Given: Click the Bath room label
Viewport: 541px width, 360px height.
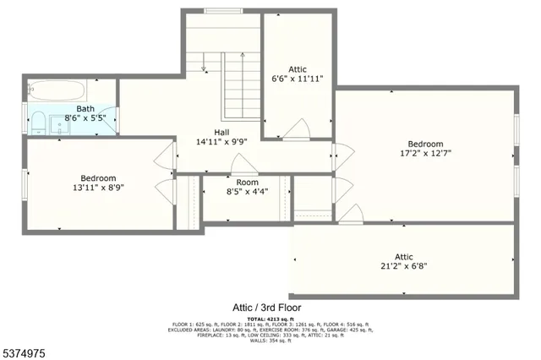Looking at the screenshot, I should (85, 108).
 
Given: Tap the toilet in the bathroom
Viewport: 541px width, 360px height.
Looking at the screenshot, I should (39, 126).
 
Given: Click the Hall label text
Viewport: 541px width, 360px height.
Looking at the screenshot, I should (221, 132).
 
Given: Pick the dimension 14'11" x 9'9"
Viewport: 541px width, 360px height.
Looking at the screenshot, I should (221, 142).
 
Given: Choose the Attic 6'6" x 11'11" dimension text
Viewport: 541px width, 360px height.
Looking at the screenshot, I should (297, 79).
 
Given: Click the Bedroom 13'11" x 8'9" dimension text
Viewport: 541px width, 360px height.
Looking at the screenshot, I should (98, 188).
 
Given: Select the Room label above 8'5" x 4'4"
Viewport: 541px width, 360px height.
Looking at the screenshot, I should (247, 182).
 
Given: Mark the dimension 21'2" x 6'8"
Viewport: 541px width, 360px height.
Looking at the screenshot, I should (403, 266).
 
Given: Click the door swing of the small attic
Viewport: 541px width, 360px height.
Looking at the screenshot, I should (297, 130).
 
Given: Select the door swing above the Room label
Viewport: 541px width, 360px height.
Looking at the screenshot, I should (243, 165).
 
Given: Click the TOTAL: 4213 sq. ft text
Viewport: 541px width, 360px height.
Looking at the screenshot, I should (266, 319).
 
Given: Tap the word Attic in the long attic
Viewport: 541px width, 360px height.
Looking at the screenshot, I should (403, 256).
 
